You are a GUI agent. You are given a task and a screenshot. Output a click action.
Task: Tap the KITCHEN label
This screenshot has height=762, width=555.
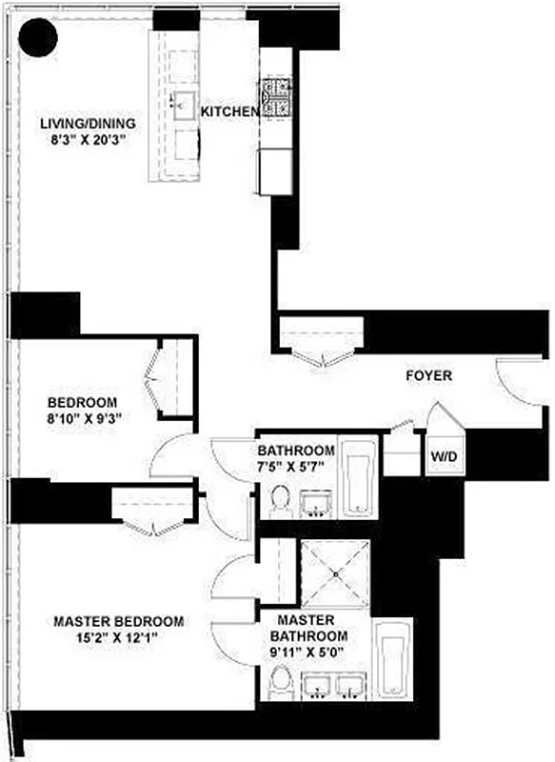click(228, 112)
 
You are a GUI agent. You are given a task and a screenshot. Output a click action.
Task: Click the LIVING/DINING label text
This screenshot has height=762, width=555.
click(88, 124)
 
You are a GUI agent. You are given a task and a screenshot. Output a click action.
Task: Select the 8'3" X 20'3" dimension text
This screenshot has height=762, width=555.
click(88, 140)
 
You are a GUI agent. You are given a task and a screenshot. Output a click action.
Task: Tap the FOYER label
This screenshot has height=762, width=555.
click(428, 375)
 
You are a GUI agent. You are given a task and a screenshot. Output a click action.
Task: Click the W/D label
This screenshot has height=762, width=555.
click(444, 457)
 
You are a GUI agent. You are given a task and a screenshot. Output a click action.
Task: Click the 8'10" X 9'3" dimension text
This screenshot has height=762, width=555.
click(86, 417)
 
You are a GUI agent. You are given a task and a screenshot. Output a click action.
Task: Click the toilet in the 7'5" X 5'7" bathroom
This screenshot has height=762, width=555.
click(280, 500)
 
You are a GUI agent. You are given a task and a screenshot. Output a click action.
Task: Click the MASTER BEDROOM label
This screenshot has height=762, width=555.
click(118, 621)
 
